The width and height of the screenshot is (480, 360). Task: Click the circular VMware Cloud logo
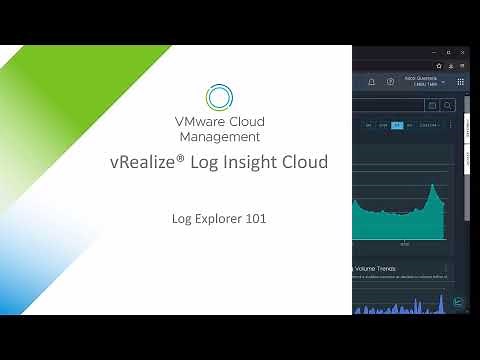pyautogui.click(x=219, y=96)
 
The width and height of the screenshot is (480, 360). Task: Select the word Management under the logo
pyautogui.click(x=220, y=136)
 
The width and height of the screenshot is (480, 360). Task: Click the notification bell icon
pyautogui.click(x=371, y=82)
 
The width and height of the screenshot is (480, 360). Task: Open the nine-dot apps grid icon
pyautogui.click(x=460, y=82)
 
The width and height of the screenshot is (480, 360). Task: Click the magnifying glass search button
pyautogui.click(x=448, y=105)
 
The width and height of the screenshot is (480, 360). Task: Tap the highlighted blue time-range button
pyautogui.click(x=397, y=125)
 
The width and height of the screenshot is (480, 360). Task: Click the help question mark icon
pyautogui.click(x=388, y=82)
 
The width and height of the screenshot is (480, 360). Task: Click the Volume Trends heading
pyautogui.click(x=375, y=268)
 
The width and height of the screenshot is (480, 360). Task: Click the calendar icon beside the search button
pyautogui.click(x=432, y=105)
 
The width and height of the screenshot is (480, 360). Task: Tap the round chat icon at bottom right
pyautogui.click(x=458, y=302)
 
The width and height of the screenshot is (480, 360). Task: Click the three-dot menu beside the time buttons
pyautogui.click(x=450, y=125)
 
